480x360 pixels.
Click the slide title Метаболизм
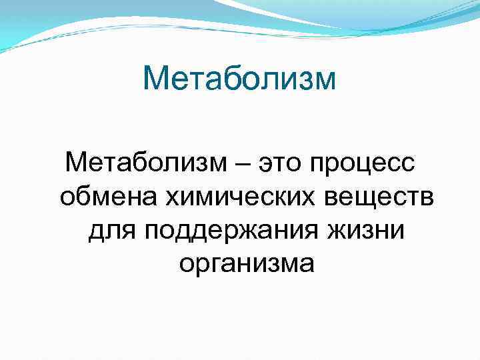coord(240,79)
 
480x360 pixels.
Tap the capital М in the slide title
coord(155,79)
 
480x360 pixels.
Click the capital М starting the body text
coord(75,162)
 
